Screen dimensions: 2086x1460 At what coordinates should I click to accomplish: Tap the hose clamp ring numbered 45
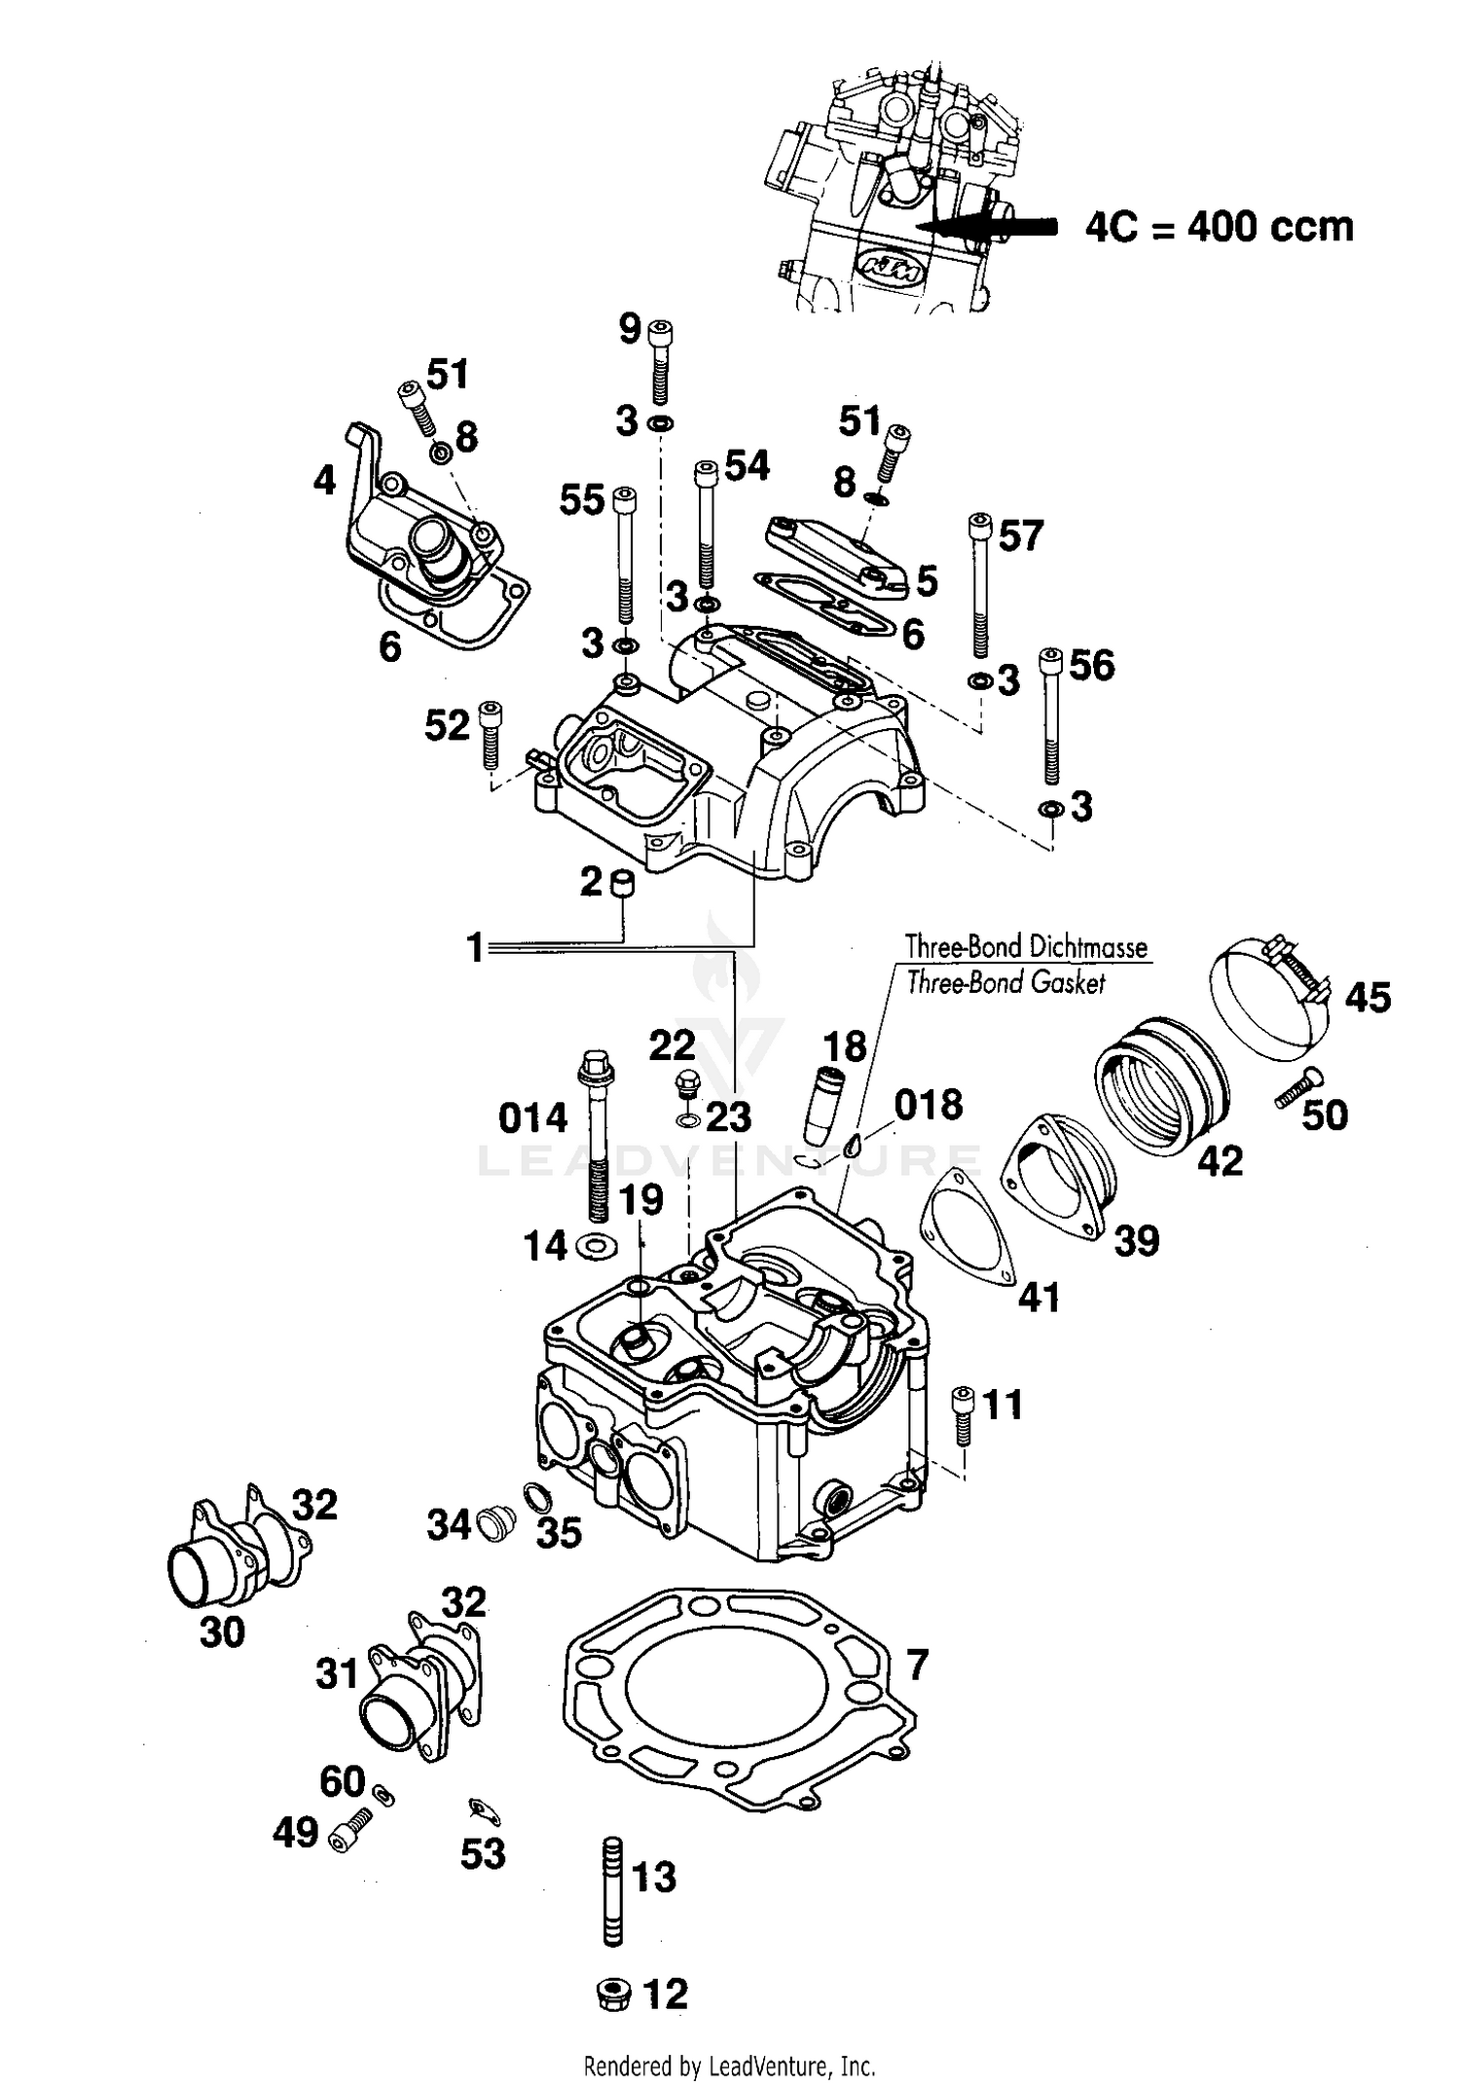coord(1265,1003)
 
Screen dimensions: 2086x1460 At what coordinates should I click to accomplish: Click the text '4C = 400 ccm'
coord(1219,227)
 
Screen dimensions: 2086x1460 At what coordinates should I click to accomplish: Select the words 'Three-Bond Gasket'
coord(1005,983)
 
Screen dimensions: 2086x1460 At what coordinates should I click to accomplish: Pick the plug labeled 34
coord(497,1523)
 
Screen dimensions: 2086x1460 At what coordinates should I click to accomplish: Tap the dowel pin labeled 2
coord(621,883)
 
